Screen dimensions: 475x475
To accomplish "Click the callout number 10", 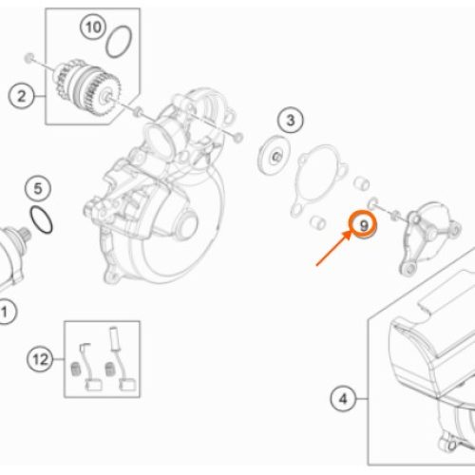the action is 93,27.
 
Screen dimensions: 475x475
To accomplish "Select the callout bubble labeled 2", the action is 21,96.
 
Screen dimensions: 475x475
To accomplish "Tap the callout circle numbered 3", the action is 291,121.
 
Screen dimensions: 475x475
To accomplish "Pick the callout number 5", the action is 38,189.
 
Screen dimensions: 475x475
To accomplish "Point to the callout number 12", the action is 40,359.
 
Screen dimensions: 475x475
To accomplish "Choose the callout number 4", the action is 343,399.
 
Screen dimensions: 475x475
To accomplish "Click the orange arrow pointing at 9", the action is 333,248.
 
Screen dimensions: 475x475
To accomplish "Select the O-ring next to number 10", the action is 119,42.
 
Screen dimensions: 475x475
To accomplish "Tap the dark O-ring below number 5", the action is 41,220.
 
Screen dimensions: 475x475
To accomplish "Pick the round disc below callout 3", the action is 274,155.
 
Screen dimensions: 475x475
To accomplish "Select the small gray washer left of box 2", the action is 29,58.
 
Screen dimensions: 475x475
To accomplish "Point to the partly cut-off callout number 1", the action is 6,312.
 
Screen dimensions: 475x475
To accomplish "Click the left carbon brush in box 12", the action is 88,367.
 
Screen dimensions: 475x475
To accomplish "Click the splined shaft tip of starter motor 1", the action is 25,236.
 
